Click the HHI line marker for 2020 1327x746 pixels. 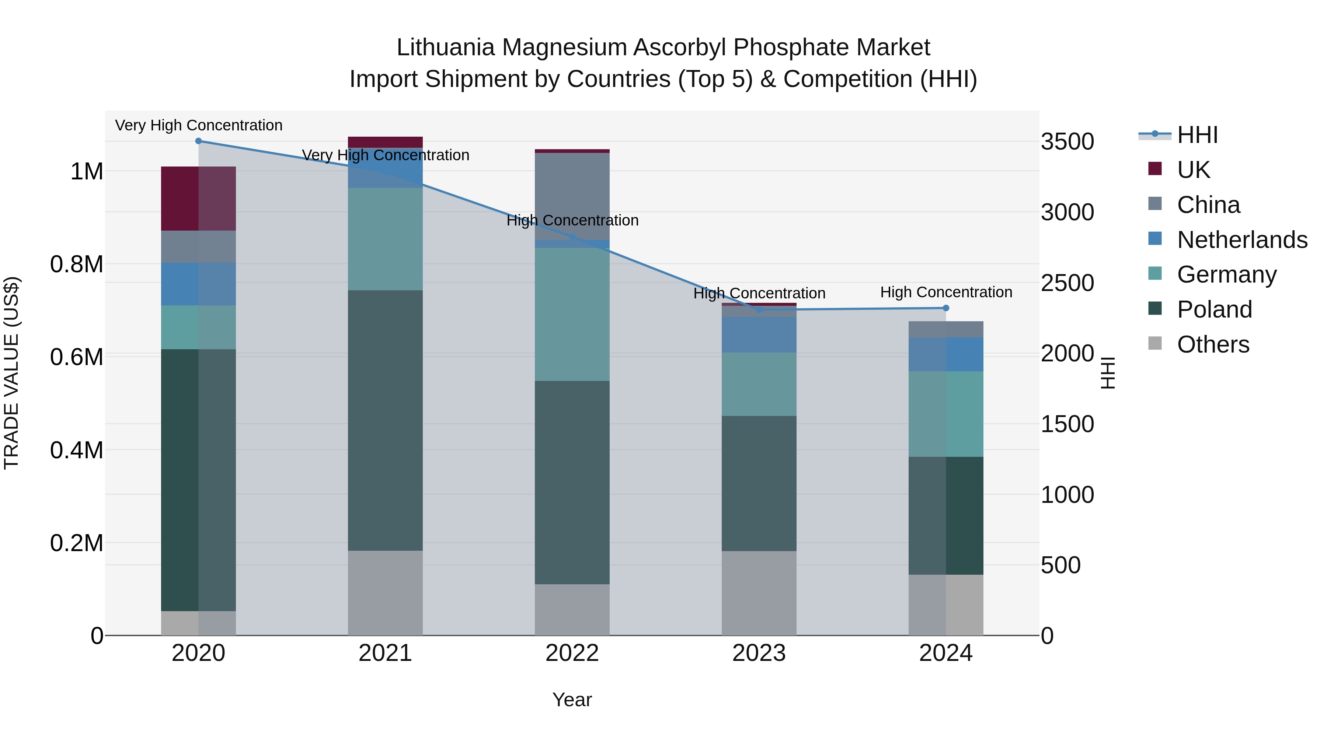(x=198, y=141)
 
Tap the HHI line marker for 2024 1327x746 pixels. (x=946, y=308)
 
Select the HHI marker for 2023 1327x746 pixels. (x=759, y=310)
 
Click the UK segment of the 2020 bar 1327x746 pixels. (x=198, y=199)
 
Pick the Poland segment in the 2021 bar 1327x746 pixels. (x=385, y=421)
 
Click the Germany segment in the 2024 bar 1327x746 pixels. (x=946, y=414)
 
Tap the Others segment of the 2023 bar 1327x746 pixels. (x=759, y=593)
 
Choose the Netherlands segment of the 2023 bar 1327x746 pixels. (x=759, y=335)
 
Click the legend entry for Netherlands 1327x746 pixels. (x=1241, y=240)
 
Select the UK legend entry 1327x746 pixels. (x=1193, y=170)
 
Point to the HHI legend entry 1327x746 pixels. (x=1197, y=135)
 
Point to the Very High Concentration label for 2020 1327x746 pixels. (x=198, y=126)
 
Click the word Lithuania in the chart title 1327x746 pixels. (x=445, y=48)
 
